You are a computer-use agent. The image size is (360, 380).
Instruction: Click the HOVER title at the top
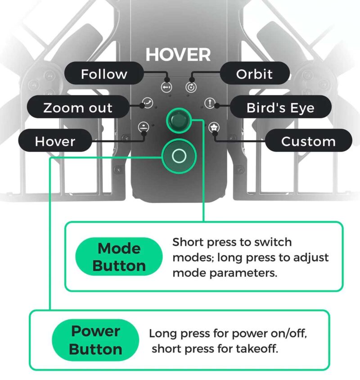(x=178, y=55)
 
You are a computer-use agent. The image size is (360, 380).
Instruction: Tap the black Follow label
(x=104, y=74)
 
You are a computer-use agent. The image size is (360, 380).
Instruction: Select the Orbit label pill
(x=255, y=74)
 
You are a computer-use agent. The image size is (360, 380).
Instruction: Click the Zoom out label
(x=78, y=108)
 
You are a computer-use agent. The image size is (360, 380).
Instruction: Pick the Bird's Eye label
(x=280, y=108)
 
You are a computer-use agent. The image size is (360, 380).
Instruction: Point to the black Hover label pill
(x=55, y=141)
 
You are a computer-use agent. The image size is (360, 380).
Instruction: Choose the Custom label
(x=308, y=141)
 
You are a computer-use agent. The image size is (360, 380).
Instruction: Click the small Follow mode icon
(x=166, y=86)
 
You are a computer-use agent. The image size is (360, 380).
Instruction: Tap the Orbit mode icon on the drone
(x=191, y=86)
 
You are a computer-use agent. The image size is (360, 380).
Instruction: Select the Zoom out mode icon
(x=147, y=103)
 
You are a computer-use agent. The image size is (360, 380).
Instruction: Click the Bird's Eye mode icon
(x=210, y=103)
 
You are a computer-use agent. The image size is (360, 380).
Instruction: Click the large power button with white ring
(x=179, y=156)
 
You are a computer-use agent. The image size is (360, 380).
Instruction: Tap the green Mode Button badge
(x=119, y=257)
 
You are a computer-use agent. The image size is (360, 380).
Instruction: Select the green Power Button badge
(x=95, y=340)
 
